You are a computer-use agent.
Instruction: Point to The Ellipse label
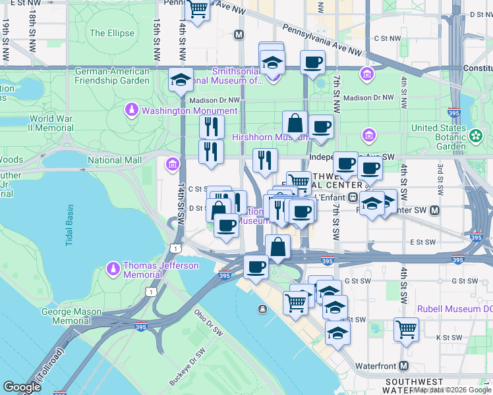coord(112,33)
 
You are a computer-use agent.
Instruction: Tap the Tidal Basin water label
coord(71,225)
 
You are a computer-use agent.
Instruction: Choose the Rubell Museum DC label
coord(454,308)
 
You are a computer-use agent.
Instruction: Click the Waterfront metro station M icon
coord(403,365)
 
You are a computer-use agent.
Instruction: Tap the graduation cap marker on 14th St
coord(181,80)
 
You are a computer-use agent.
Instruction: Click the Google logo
coord(22,387)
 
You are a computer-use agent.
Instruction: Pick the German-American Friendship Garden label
coord(112,76)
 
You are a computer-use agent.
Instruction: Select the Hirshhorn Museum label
coord(270,138)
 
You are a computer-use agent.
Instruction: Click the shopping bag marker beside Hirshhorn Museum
coord(295,122)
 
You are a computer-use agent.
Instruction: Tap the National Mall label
coord(114,160)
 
